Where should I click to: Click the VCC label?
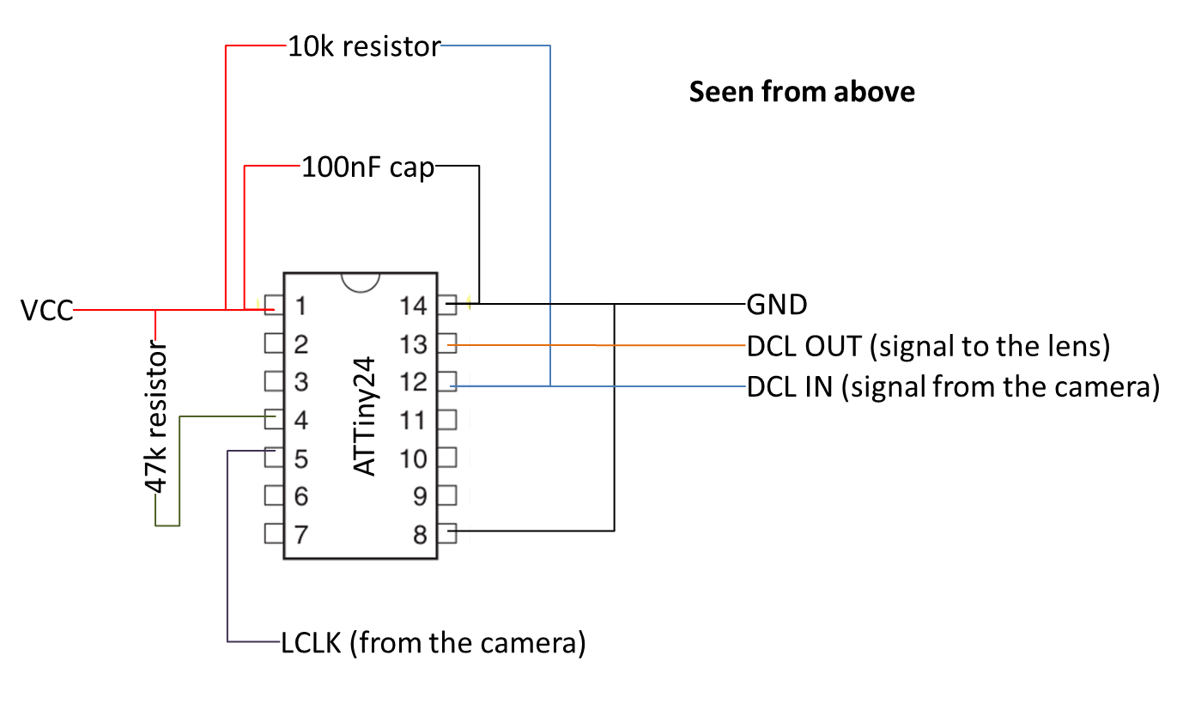pos(47,310)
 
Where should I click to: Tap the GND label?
pos(777,305)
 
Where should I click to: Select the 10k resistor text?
pos(364,46)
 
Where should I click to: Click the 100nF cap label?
pos(367,167)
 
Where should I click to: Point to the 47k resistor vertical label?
pos(155,417)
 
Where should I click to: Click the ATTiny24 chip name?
pos(365,416)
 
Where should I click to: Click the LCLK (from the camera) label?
pos(434,641)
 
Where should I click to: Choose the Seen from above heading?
pos(802,91)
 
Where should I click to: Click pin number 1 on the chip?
pos(300,305)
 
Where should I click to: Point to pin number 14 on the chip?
pos(413,305)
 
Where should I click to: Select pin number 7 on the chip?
pos(300,534)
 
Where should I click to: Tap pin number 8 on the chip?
pos(420,534)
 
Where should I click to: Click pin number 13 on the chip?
pos(413,344)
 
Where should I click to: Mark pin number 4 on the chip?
pos(300,420)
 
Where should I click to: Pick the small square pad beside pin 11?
pos(447,420)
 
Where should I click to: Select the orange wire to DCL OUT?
pos(601,345)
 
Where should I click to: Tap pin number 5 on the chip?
pos(300,458)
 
